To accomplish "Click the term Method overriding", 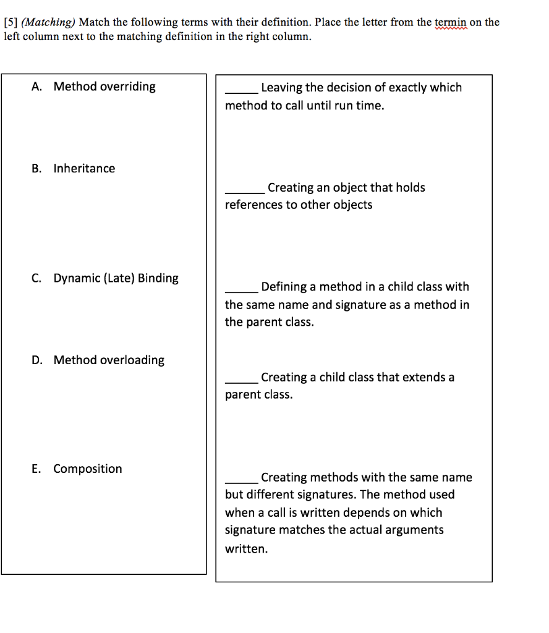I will tap(104, 87).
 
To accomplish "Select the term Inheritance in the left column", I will tap(84, 169).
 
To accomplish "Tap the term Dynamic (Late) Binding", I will tap(116, 278).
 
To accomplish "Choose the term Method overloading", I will tap(109, 360).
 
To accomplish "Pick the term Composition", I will tap(88, 469).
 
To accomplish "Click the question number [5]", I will tap(11, 23).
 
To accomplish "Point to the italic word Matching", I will tap(48, 23).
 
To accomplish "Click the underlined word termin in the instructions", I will tap(452, 23).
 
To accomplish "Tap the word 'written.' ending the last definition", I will tap(247, 549).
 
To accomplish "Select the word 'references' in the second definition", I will tap(253, 205).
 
